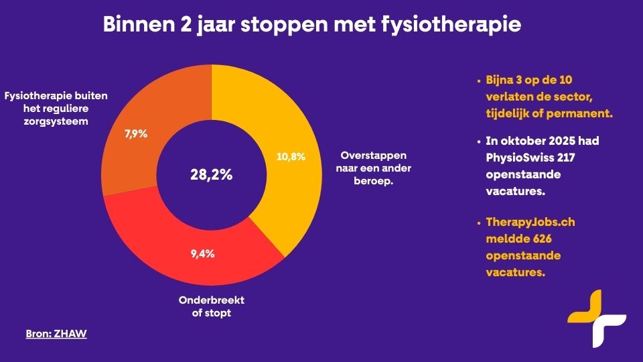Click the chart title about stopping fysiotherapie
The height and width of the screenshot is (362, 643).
pyautogui.click(x=311, y=25)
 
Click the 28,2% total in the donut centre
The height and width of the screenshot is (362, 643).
pyautogui.click(x=211, y=176)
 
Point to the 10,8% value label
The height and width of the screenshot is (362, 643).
pyautogui.click(x=291, y=157)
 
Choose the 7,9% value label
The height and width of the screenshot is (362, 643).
pyautogui.click(x=137, y=133)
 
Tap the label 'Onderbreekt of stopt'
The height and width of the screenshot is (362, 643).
pyautogui.click(x=212, y=306)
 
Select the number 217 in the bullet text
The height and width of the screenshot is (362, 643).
pyautogui.click(x=565, y=158)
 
